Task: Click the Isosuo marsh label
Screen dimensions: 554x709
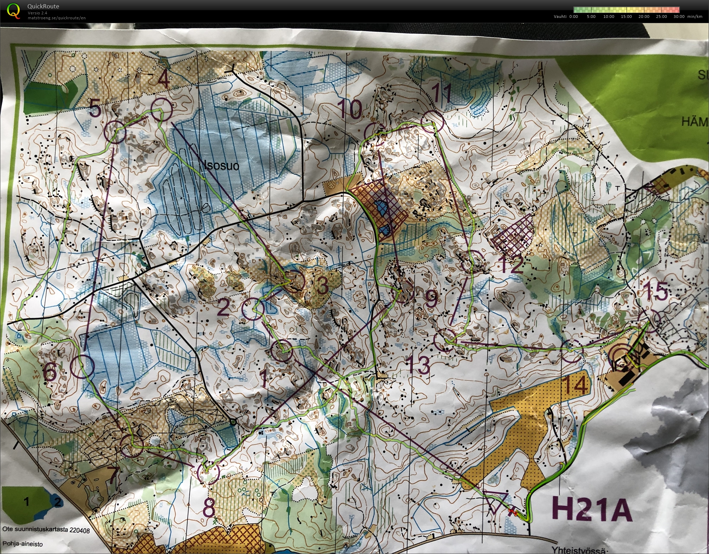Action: (221, 165)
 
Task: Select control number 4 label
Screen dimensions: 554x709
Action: (163, 80)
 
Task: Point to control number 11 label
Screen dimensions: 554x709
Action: (441, 93)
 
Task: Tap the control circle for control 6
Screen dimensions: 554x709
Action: (83, 366)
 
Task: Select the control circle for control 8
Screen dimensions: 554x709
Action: (209, 473)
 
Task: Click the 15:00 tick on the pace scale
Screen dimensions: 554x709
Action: (626, 16)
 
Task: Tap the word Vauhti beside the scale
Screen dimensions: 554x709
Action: (560, 16)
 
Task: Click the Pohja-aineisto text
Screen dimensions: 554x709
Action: (22, 544)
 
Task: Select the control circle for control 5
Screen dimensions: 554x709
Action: (115, 132)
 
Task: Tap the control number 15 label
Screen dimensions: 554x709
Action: (655, 291)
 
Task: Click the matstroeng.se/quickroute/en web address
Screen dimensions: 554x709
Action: (57, 18)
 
